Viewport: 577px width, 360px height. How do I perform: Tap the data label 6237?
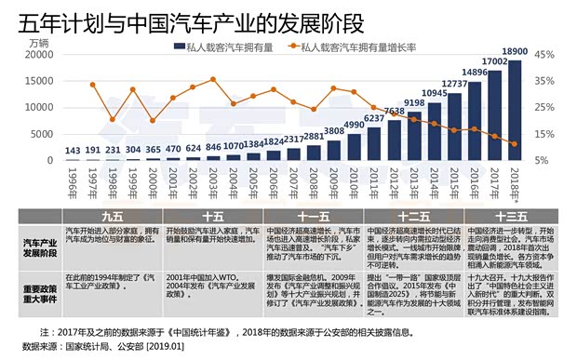click(373, 118)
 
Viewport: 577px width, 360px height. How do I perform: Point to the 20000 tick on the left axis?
click(42, 55)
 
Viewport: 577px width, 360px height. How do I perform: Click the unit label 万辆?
click(39, 43)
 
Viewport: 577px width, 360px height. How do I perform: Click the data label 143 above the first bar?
click(72, 151)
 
